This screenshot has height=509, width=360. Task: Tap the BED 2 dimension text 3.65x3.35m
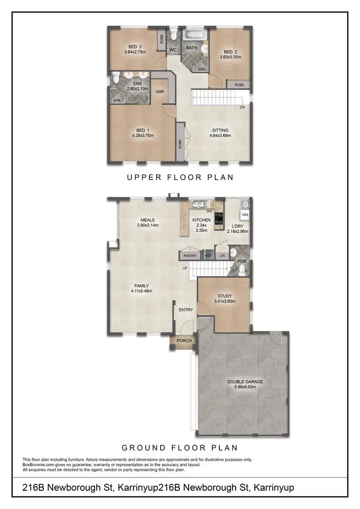(x=230, y=57)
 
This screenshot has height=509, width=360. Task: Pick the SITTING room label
(x=221, y=130)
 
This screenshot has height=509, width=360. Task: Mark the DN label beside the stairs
(x=243, y=107)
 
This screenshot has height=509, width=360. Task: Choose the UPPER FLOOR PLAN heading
(x=180, y=177)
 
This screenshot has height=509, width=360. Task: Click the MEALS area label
(x=147, y=220)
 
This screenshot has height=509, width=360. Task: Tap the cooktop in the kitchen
(x=220, y=219)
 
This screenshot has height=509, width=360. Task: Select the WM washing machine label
(x=245, y=214)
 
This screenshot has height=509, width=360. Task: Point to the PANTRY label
(x=190, y=256)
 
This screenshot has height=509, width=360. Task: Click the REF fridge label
(x=208, y=256)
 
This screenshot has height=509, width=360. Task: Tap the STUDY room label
(x=225, y=296)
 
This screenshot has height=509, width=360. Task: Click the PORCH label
(x=184, y=341)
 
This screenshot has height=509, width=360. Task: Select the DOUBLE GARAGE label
(x=245, y=382)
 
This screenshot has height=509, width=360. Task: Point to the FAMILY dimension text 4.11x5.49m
(x=142, y=291)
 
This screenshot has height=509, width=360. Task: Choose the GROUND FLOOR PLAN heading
(x=180, y=448)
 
